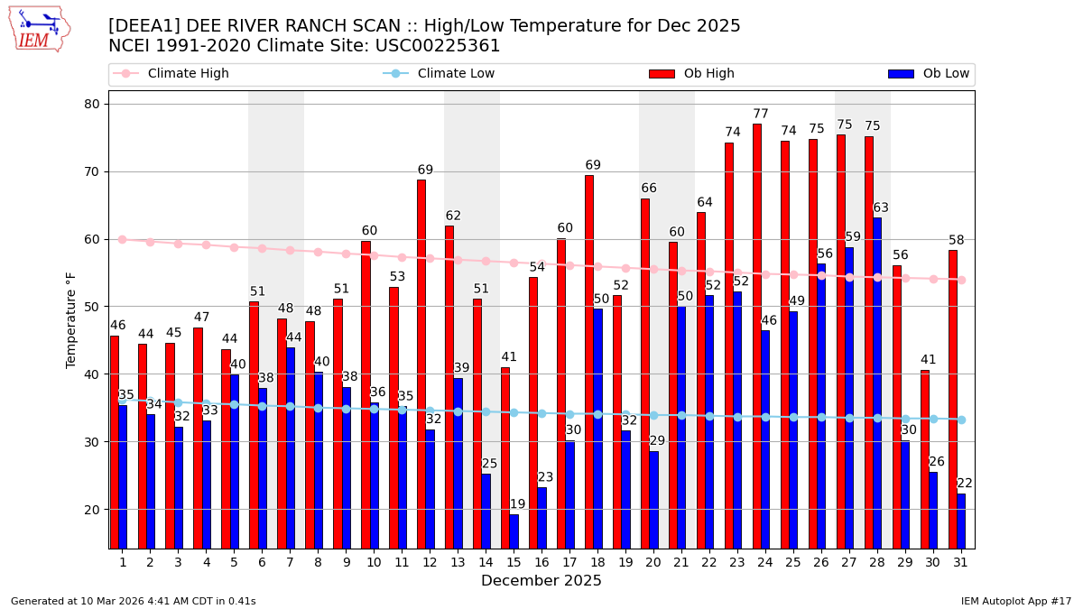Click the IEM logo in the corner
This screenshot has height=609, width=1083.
39,30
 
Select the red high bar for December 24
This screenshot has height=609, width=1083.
757,336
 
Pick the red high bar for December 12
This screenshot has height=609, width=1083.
421,364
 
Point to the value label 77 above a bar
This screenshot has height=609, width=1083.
761,115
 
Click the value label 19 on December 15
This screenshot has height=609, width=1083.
517,505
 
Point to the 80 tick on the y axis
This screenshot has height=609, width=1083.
92,104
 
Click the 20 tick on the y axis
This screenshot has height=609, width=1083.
92,510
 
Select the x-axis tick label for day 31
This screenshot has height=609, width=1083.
961,562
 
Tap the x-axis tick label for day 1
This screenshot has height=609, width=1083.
122,562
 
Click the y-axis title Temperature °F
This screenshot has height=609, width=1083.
71,319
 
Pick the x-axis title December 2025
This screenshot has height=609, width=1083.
541,581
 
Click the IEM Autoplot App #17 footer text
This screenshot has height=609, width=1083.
1016,601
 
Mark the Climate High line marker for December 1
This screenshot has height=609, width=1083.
122,240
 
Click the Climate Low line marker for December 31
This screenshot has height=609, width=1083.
961,420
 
